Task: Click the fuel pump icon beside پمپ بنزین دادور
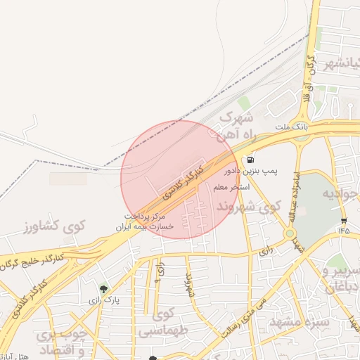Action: [x=251, y=160]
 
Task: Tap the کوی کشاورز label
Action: [x=53, y=226]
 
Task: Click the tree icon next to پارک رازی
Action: [x=104, y=288]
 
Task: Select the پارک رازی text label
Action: [x=104, y=300]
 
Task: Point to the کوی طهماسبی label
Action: [x=165, y=321]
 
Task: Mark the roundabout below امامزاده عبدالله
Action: [x=290, y=233]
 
